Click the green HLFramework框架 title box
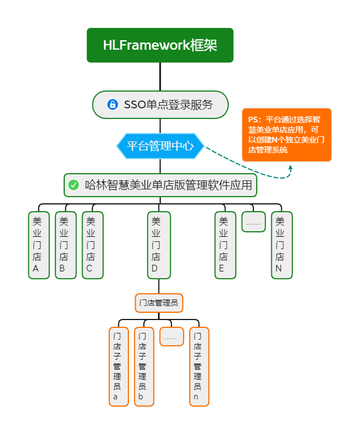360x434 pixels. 160,45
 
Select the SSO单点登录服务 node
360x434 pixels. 160,104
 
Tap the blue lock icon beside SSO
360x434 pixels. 112,104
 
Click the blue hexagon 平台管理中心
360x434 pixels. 160,146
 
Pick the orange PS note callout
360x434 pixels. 287,135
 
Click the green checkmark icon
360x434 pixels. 74,185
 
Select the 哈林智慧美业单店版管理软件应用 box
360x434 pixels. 160,185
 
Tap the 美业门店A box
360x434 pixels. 39,245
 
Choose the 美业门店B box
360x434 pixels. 66,245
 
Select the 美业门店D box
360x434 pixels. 159,245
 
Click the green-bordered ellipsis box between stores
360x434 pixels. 253,222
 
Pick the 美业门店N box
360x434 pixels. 282,245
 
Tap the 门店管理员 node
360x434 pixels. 159,303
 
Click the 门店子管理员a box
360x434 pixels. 118,366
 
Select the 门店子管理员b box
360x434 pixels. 144,366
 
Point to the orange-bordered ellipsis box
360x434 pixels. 171,337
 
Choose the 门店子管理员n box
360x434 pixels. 199,366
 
